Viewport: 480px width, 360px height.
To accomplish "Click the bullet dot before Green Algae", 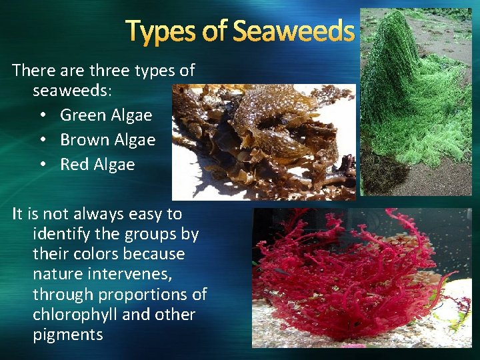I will click(x=43, y=116).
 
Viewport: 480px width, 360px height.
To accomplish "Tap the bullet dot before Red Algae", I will click(x=43, y=165).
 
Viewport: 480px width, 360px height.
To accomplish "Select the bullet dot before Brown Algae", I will click(x=43, y=141).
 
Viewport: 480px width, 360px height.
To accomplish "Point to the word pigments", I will click(x=68, y=335).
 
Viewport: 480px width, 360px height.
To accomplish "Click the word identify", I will click(x=61, y=234).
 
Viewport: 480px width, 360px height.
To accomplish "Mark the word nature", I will click(x=57, y=274).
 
